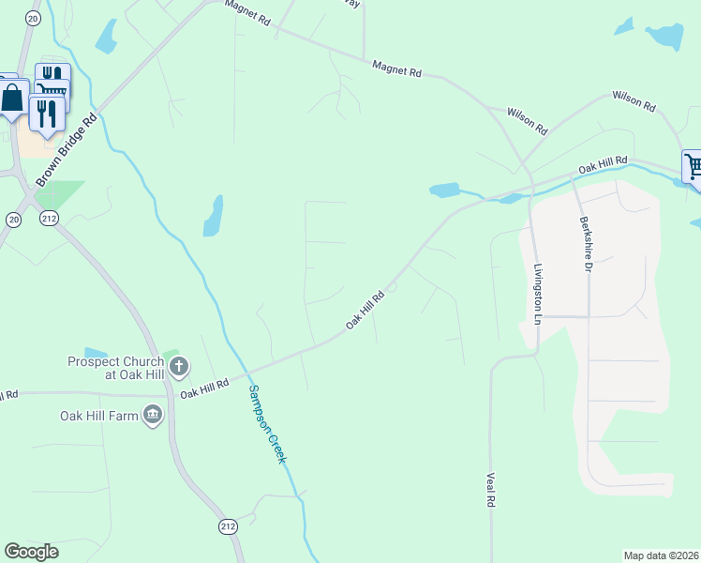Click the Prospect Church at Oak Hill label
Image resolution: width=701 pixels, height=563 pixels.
click(116, 368)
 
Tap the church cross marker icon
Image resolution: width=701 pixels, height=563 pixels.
click(179, 366)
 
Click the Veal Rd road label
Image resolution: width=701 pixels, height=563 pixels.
click(490, 490)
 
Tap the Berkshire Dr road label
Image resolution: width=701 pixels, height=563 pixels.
click(588, 246)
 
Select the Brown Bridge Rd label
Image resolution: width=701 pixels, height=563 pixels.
click(67, 148)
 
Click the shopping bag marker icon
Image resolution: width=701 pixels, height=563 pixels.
click(13, 97)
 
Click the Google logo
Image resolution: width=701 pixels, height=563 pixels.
click(31, 552)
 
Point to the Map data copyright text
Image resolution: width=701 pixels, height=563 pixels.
click(661, 555)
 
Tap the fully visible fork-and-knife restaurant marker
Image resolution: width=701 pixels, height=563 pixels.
click(46, 113)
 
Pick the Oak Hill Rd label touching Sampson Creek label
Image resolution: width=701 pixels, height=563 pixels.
click(205, 387)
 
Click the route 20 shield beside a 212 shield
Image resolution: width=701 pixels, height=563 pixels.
click(13, 218)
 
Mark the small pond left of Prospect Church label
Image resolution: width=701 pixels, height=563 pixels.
click(96, 353)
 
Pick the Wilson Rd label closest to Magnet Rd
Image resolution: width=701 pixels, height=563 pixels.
click(527, 119)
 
